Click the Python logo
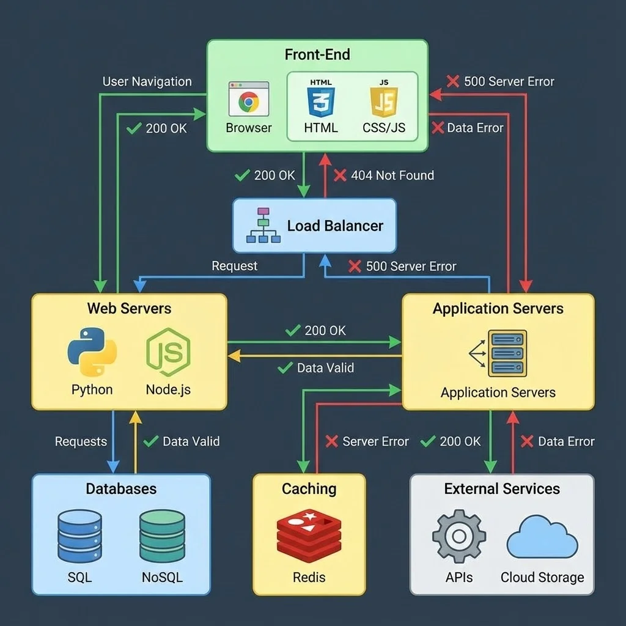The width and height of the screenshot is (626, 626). (x=92, y=352)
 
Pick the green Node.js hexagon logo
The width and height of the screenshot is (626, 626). (x=168, y=352)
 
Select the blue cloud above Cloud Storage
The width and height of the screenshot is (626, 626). (x=542, y=536)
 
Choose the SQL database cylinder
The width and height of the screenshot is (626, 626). (x=79, y=536)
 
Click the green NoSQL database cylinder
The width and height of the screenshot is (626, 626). (x=162, y=536)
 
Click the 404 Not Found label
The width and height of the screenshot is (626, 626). (x=392, y=175)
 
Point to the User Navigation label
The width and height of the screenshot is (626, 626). (x=147, y=81)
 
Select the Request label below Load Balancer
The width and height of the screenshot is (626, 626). (x=234, y=266)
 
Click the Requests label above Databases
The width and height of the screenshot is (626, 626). (x=81, y=441)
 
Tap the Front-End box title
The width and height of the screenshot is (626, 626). (x=317, y=54)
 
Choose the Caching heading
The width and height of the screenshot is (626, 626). (x=309, y=488)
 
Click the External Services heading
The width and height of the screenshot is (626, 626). (x=501, y=488)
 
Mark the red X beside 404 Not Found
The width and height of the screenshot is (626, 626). (x=340, y=175)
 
